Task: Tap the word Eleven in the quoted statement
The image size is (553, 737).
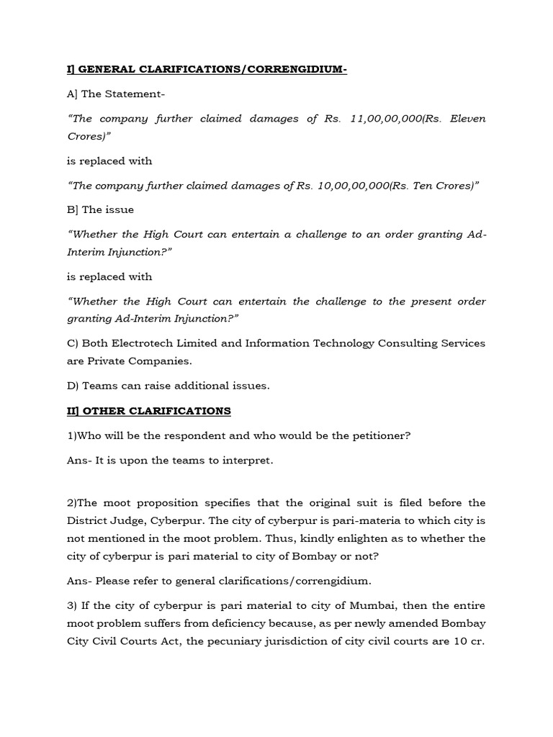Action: pos(468,119)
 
